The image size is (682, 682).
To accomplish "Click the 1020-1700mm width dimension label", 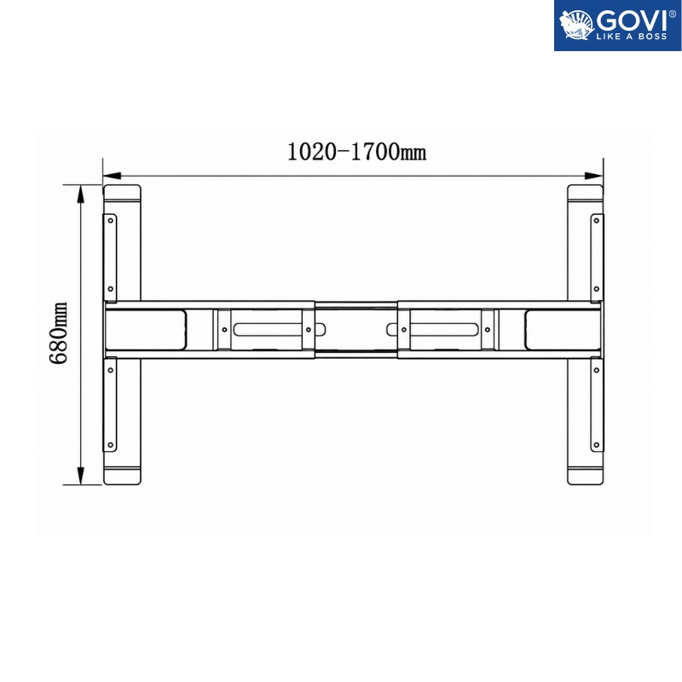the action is click(356, 153).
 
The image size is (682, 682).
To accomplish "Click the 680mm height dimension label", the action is click(58, 332).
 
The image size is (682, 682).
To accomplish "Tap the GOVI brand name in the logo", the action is click(632, 20).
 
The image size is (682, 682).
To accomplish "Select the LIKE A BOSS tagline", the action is click(632, 37).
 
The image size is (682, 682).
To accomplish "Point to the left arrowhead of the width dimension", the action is click(112, 176).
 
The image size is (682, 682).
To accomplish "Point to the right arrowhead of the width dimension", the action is click(594, 176).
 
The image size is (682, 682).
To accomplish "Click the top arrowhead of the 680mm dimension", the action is click(80, 194).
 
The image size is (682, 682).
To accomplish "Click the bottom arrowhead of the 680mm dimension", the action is click(80, 476).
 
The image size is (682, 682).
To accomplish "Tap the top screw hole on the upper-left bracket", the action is click(111, 221).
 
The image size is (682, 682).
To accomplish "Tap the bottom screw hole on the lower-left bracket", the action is click(111, 445).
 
